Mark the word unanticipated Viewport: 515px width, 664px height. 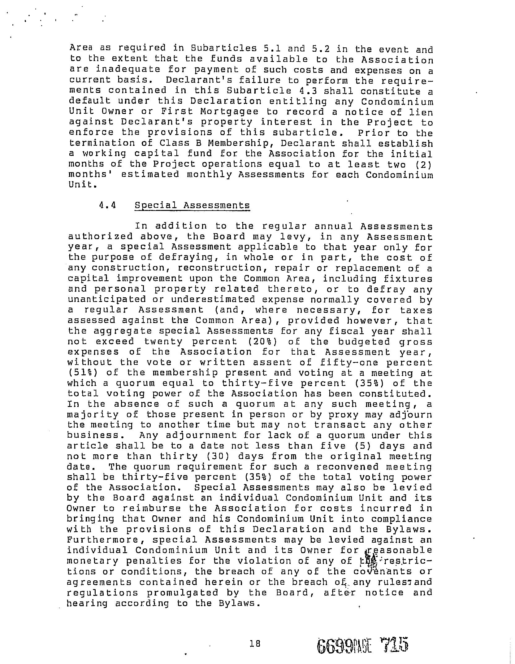pyautogui.click(x=107, y=299)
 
